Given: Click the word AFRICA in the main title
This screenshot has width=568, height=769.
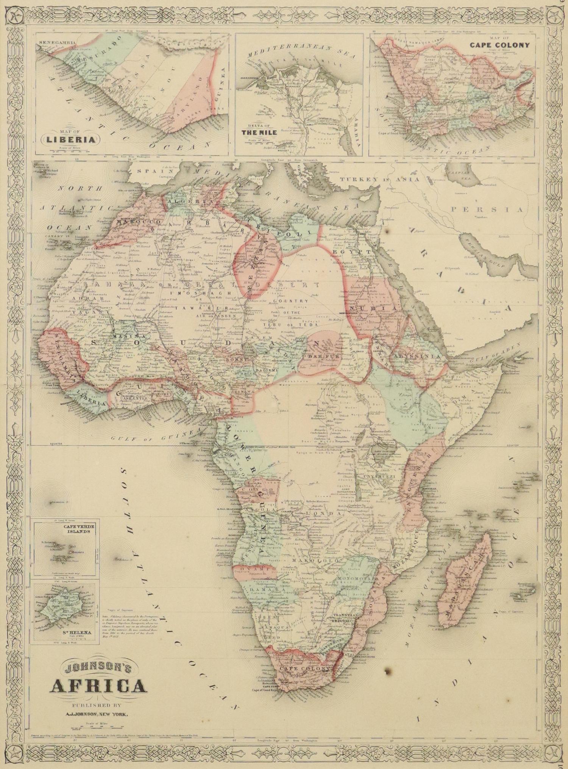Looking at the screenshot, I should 97,685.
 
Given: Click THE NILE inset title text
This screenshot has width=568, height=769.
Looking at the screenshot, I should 260,132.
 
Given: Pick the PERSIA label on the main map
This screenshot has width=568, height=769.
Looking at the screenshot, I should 486,209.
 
